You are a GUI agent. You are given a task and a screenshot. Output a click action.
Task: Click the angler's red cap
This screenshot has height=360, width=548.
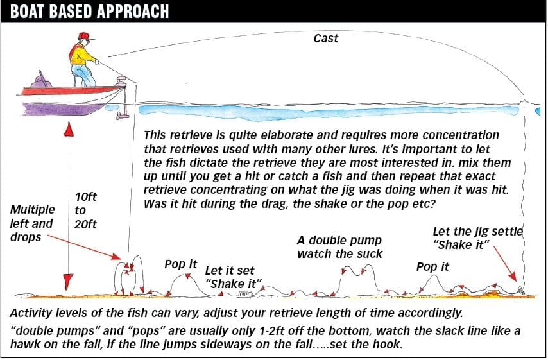pos(85,36)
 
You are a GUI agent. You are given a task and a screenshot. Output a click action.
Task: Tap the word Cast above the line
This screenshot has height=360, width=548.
pos(326,38)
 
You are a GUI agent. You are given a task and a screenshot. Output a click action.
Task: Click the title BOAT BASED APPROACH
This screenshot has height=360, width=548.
pos(89,11)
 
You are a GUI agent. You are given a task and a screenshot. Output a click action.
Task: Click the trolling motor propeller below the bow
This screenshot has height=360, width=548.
pos(123,115)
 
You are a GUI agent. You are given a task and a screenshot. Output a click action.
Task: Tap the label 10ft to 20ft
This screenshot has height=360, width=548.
pos(85,210)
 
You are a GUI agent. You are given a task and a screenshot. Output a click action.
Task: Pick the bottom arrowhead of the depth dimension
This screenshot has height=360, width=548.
pos(67,282)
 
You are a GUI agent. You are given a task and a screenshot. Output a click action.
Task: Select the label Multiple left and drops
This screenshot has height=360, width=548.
pos(33,223)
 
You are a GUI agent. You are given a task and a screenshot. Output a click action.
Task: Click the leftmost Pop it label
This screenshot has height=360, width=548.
pos(181,264)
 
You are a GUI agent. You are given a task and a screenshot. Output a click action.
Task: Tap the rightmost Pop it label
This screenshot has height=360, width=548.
pos(432,267)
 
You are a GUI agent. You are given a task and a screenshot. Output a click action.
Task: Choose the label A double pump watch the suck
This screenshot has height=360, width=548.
pos(339,247)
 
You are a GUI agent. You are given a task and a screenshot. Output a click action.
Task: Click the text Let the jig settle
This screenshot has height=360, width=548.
pos(478,232)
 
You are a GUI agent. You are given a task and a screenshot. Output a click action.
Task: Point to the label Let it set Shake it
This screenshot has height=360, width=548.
pos(234,277)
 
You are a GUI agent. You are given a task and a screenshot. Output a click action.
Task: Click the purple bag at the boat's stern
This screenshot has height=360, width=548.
pos(41,81)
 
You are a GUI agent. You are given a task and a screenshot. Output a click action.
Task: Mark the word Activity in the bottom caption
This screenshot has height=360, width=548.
pos(31,313)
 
